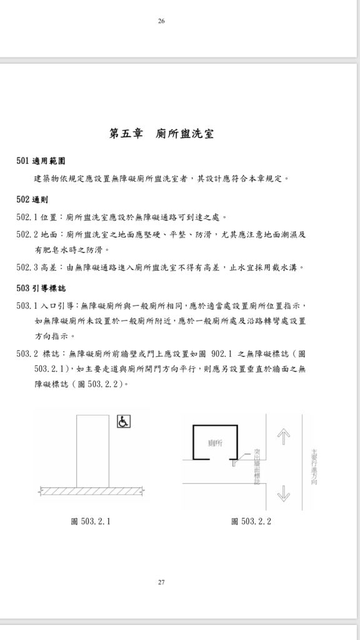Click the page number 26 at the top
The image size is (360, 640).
pyautogui.click(x=161, y=21)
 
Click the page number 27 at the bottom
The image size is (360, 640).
pyautogui.click(x=161, y=582)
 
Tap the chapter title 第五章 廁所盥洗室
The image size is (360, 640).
pyautogui.click(x=161, y=134)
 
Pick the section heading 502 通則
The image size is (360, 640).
pyautogui.click(x=32, y=199)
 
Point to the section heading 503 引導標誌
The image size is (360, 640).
pyautogui.click(x=41, y=289)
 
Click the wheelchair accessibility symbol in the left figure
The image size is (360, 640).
pyautogui.click(x=123, y=422)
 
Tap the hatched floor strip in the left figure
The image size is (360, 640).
pyautogui.click(x=91, y=491)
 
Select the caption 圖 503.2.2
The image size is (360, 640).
pyautogui.click(x=251, y=521)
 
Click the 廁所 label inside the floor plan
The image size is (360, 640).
pyautogui.click(x=215, y=443)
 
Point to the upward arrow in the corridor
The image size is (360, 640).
pyautogui.click(x=284, y=436)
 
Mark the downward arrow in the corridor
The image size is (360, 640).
pyautogui.click(x=284, y=493)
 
